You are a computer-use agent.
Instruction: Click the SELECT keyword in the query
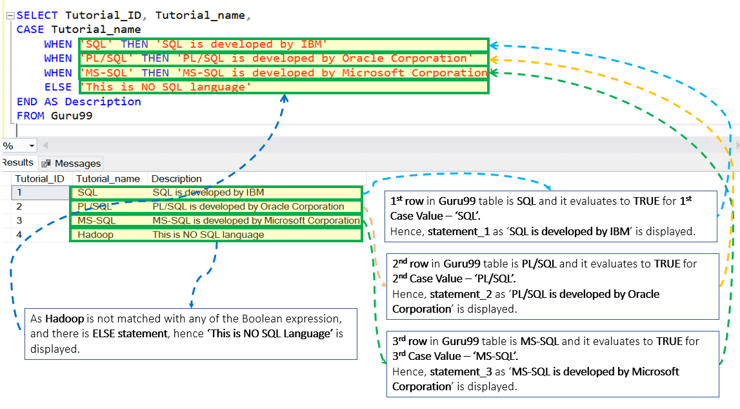37,16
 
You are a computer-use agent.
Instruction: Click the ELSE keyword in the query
58,87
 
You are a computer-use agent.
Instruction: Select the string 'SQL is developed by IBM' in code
245,45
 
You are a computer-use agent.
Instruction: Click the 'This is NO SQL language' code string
165,87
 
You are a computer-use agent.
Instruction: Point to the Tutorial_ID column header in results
39,179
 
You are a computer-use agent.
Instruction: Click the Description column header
177,179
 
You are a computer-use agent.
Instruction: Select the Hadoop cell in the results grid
95,235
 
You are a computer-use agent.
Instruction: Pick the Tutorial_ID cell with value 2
19,207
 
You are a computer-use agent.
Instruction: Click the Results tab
17,163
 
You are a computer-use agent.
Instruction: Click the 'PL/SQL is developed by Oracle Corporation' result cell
248,207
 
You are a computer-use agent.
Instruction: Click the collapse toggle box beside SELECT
10,16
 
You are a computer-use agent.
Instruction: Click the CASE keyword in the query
30,30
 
